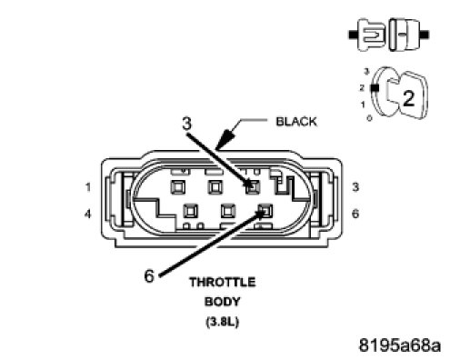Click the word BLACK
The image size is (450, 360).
pyautogui.click(x=296, y=122)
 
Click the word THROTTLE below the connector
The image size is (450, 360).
pyautogui.click(x=223, y=282)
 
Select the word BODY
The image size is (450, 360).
pyautogui.click(x=223, y=302)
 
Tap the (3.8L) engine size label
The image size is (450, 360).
pyautogui.click(x=223, y=322)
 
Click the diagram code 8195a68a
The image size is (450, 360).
pyautogui.click(x=400, y=345)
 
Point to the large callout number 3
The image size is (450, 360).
pyautogui.click(x=187, y=124)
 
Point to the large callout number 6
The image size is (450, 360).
pyautogui.click(x=149, y=276)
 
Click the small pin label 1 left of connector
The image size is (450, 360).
pyautogui.click(x=88, y=187)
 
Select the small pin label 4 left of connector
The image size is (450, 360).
pyautogui.click(x=87, y=215)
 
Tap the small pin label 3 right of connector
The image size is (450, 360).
pyautogui.click(x=355, y=187)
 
